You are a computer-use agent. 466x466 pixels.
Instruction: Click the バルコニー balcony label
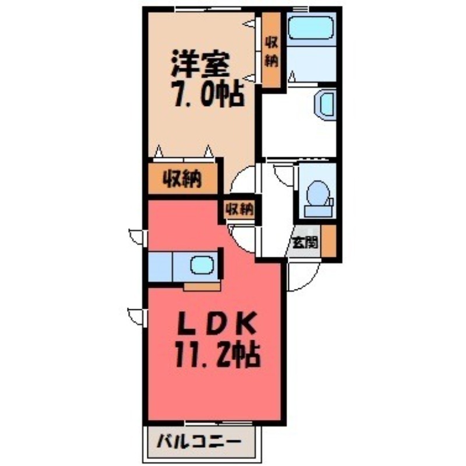coord(199,441)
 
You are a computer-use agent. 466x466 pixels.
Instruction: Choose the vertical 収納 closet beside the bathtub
coord(271,51)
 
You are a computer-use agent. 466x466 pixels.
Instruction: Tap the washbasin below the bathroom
coord(326,105)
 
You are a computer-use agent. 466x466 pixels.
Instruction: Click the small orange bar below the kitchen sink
coord(202,287)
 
